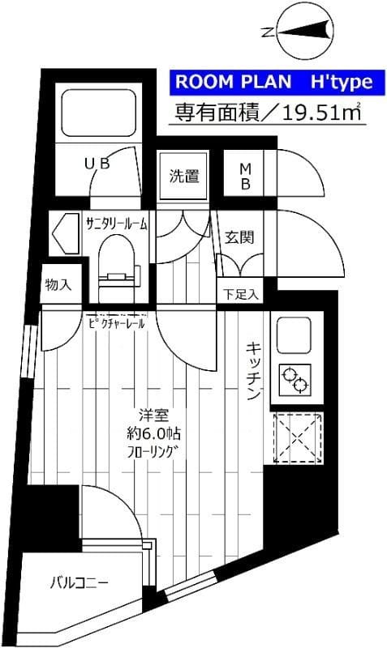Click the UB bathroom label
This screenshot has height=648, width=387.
[x=97, y=164]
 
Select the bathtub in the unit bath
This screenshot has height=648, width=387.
[x=98, y=113]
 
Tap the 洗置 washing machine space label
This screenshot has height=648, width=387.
[x=184, y=175]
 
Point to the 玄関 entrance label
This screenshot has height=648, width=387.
[x=239, y=237]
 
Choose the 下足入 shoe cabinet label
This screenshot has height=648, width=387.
[x=240, y=293]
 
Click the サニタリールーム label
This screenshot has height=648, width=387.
[x=117, y=224]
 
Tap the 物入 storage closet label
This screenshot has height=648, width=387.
[x=58, y=284]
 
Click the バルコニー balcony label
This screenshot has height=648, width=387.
[x=79, y=582]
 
